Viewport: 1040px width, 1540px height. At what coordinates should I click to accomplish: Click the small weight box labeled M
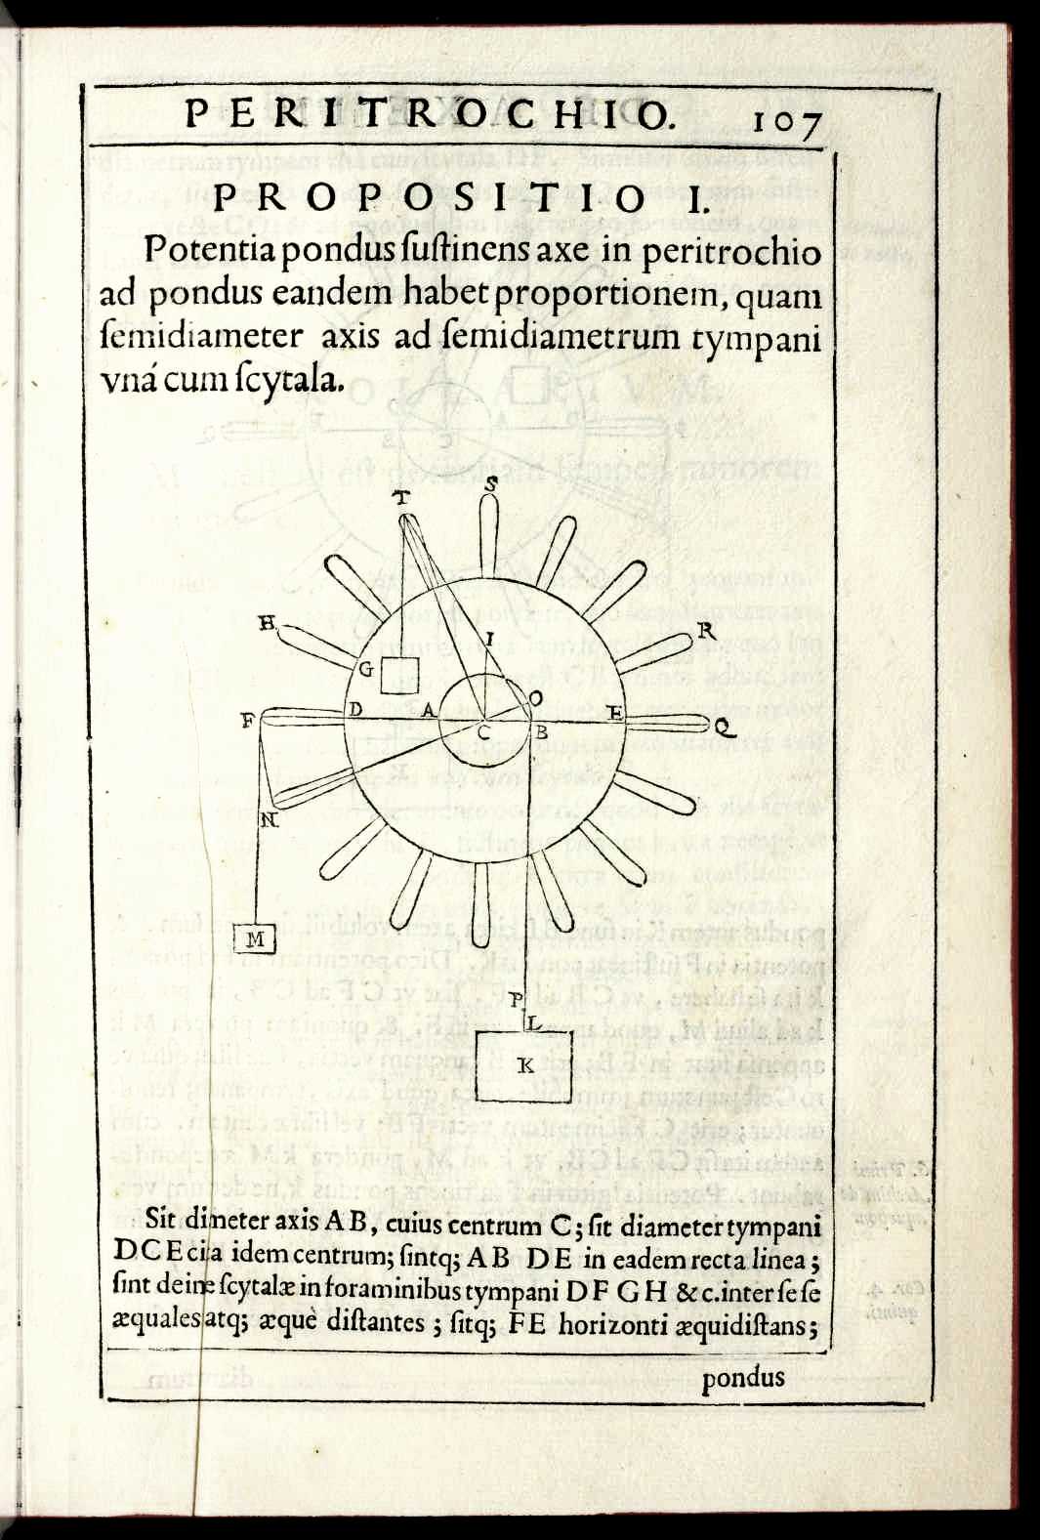click(256, 939)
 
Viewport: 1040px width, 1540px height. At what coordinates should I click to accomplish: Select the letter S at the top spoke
click(491, 481)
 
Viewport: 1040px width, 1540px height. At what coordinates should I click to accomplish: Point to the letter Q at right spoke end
click(723, 727)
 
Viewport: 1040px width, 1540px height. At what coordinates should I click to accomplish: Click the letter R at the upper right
click(707, 632)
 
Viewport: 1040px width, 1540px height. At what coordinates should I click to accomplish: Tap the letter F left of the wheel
click(248, 723)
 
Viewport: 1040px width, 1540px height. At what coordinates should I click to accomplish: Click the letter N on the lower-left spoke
click(270, 820)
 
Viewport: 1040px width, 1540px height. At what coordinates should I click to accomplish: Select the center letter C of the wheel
click(482, 731)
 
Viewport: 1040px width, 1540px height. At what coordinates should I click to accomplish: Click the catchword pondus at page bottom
click(743, 1377)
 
